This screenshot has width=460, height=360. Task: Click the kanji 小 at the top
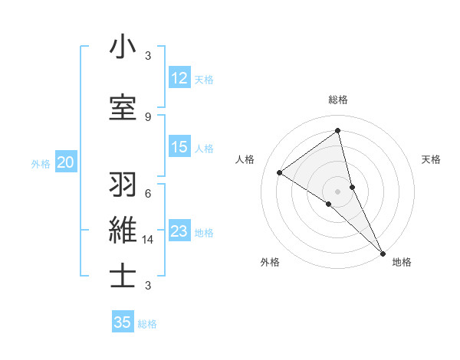click(x=123, y=47)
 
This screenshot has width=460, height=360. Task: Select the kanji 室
click(x=123, y=108)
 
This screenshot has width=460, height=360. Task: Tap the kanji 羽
click(x=123, y=185)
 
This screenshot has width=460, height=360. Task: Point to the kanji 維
click(x=123, y=231)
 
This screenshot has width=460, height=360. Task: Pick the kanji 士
click(x=123, y=277)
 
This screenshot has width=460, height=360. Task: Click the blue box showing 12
click(x=179, y=78)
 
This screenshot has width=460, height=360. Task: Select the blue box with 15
click(x=179, y=147)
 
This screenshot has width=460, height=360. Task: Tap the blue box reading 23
click(x=179, y=231)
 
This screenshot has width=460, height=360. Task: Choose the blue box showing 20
click(x=66, y=162)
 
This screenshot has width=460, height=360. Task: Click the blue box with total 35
click(x=123, y=322)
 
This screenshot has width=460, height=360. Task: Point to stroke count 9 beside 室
click(x=148, y=116)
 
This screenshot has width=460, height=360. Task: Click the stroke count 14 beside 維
click(x=149, y=239)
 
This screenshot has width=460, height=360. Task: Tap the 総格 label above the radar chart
click(x=338, y=100)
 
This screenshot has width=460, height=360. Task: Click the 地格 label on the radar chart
click(x=402, y=262)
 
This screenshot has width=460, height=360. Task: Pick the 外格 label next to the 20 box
click(x=41, y=163)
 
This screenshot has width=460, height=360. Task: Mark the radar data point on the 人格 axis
click(x=280, y=172)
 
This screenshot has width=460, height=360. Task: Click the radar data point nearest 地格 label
click(x=383, y=252)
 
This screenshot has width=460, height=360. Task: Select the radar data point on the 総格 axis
click(x=338, y=130)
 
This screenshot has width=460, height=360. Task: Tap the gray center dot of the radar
click(x=338, y=190)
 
